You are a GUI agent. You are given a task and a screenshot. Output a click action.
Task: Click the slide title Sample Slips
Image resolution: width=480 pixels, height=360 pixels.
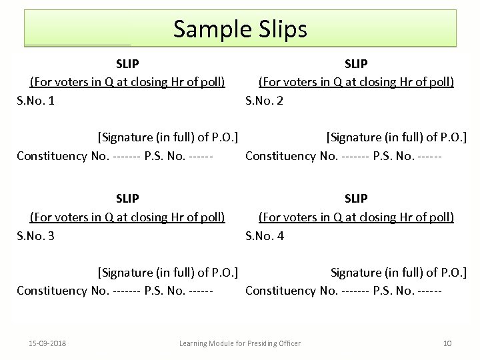coord(240,29)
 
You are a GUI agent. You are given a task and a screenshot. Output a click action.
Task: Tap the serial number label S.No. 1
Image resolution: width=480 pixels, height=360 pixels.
coord(36,101)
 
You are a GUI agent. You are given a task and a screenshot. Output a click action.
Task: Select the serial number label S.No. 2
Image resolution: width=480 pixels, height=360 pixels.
coord(265,101)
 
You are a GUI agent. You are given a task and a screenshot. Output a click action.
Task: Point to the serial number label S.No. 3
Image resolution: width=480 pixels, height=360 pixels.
coord(36,235)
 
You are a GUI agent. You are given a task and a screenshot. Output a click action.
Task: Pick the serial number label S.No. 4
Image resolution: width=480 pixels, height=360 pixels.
coord(265,235)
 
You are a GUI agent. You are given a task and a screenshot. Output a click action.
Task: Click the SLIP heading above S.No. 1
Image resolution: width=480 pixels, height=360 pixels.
coord(127,64)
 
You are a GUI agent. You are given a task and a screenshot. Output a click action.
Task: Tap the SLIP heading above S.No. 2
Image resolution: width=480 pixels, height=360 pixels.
coord(356,64)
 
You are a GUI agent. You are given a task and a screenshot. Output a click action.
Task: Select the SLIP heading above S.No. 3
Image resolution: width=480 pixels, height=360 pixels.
coord(127,199)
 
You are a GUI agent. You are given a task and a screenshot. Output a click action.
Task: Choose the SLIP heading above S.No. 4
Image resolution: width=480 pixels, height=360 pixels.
coord(356,199)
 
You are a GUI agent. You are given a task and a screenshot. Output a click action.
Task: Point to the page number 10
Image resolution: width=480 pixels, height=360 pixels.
coord(447,343)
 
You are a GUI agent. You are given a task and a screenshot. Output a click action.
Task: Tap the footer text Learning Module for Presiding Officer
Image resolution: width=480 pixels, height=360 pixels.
coord(240,343)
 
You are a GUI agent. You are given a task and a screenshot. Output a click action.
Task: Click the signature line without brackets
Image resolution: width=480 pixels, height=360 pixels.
coord(398,272)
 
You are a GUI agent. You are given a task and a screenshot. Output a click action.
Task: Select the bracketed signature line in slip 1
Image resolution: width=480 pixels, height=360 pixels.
coord(168,137)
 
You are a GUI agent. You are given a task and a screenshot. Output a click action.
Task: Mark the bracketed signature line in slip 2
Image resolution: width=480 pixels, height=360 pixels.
coord(396,137)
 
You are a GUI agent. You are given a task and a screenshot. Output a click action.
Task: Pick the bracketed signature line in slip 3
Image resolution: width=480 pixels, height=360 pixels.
coord(168,272)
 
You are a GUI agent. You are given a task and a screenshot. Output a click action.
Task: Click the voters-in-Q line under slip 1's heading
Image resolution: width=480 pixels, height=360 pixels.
coord(127,82)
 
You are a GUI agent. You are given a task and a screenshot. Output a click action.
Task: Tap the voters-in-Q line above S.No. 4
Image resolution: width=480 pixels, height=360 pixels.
coord(356,217)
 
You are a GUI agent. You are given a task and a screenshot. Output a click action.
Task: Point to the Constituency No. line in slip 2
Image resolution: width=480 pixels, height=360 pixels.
coord(343,156)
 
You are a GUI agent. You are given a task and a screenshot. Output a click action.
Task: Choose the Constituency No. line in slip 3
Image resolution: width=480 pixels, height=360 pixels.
coord(115,291)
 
